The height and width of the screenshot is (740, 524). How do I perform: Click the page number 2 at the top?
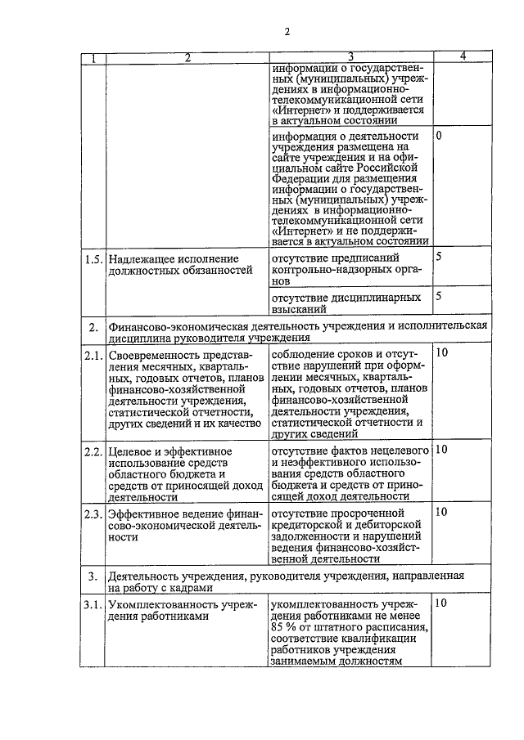pyautogui.click(x=287, y=32)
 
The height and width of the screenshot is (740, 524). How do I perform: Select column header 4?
pyautogui.click(x=463, y=56)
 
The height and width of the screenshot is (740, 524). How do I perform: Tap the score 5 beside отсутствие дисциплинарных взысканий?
pyautogui.click(x=439, y=296)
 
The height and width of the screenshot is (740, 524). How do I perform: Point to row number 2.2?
pyautogui.click(x=95, y=451)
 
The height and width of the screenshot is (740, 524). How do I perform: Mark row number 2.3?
pyautogui.click(x=95, y=514)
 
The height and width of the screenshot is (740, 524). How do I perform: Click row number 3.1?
pyautogui.click(x=95, y=605)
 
